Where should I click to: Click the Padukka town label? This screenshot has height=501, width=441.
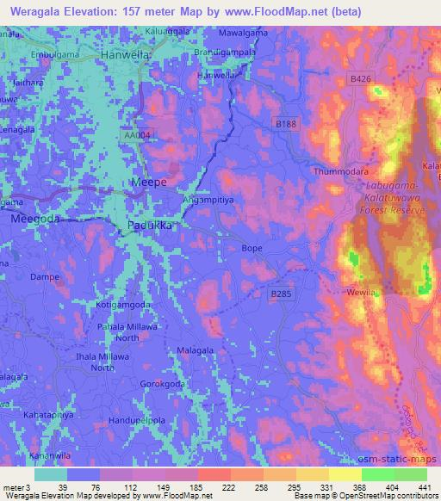151,225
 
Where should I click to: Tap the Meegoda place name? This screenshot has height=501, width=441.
35,220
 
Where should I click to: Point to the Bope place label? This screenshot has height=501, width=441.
252,248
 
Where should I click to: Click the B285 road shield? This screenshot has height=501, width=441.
281,294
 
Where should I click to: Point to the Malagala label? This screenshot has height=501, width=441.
196,350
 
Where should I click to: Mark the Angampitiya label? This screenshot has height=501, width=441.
204,198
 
